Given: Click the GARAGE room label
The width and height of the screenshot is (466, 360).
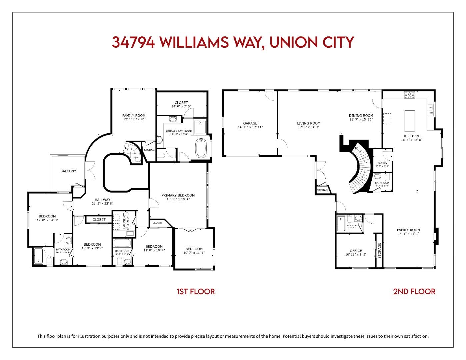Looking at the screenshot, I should [250, 123].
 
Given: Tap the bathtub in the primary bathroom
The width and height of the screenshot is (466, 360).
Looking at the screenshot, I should [201, 148].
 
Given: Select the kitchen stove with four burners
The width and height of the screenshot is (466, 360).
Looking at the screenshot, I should [409, 95].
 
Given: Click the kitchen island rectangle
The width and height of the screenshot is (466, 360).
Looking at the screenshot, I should [410, 121].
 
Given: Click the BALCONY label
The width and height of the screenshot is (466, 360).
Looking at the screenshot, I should [68, 171].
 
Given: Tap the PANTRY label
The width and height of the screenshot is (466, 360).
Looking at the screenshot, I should [382, 163].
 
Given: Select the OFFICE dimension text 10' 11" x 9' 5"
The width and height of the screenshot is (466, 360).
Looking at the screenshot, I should [356, 255].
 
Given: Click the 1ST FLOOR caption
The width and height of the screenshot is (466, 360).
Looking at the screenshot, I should [196, 292].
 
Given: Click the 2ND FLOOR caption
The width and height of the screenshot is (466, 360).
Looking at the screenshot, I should [414, 292].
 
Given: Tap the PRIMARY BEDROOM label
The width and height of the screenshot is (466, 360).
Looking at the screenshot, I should [178, 195].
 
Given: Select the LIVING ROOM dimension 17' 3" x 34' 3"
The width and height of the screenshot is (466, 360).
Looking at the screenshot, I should [309, 127].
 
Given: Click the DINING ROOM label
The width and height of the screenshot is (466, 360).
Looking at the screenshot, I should [361, 115].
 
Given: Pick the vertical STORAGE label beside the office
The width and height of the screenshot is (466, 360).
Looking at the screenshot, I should [379, 250].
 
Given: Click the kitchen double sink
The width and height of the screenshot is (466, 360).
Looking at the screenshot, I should [430, 110].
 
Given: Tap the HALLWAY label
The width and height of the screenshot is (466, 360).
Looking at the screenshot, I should [102, 200].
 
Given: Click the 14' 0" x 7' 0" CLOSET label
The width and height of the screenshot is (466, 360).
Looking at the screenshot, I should [181, 103].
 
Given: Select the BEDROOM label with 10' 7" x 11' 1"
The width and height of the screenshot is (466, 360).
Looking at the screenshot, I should [194, 249].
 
